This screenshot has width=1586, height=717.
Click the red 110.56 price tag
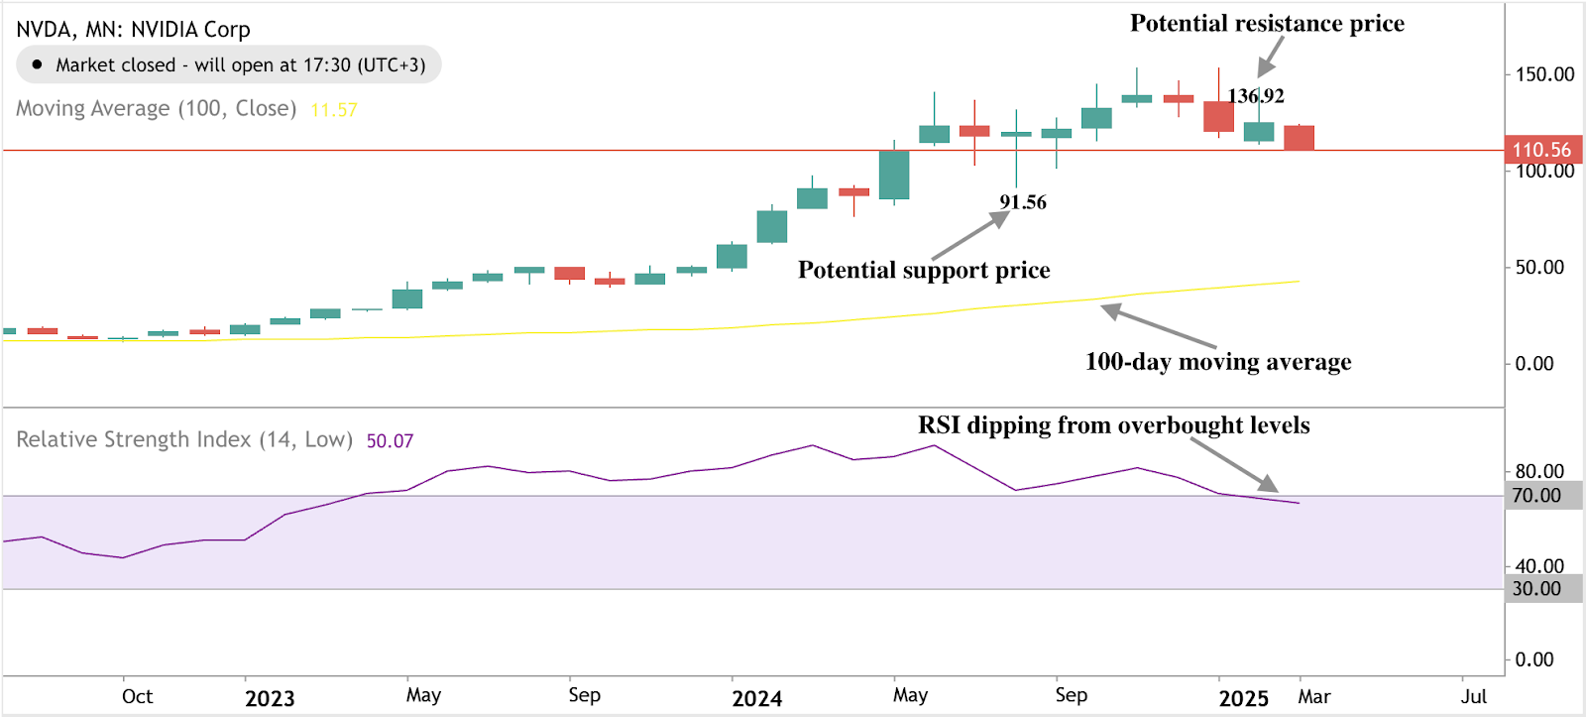[1541, 150]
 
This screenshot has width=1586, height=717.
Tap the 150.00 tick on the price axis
[1544, 74]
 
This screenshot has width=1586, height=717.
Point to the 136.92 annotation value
[1256, 96]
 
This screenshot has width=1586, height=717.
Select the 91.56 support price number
[1023, 202]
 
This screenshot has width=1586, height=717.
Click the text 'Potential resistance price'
[1267, 24]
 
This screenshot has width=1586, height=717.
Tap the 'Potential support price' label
[924, 270]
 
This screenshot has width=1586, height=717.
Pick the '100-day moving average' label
[1218, 362]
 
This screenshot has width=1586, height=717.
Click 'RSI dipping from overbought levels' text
[1113, 425]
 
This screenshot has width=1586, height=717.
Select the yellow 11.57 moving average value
[334, 110]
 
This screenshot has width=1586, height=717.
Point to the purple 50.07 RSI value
[390, 441]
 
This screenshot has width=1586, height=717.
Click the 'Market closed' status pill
[228, 65]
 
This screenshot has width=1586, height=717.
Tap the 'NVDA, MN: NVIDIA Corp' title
[133, 30]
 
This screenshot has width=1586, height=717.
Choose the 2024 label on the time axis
[757, 698]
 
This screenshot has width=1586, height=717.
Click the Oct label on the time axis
[137, 696]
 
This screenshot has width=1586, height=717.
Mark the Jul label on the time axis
[1473, 696]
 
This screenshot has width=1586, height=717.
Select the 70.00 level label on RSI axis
[1536, 496]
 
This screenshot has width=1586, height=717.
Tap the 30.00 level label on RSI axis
[1536, 589]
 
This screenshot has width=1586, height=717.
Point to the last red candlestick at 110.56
[1299, 138]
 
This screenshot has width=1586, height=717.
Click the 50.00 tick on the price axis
[1539, 268]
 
